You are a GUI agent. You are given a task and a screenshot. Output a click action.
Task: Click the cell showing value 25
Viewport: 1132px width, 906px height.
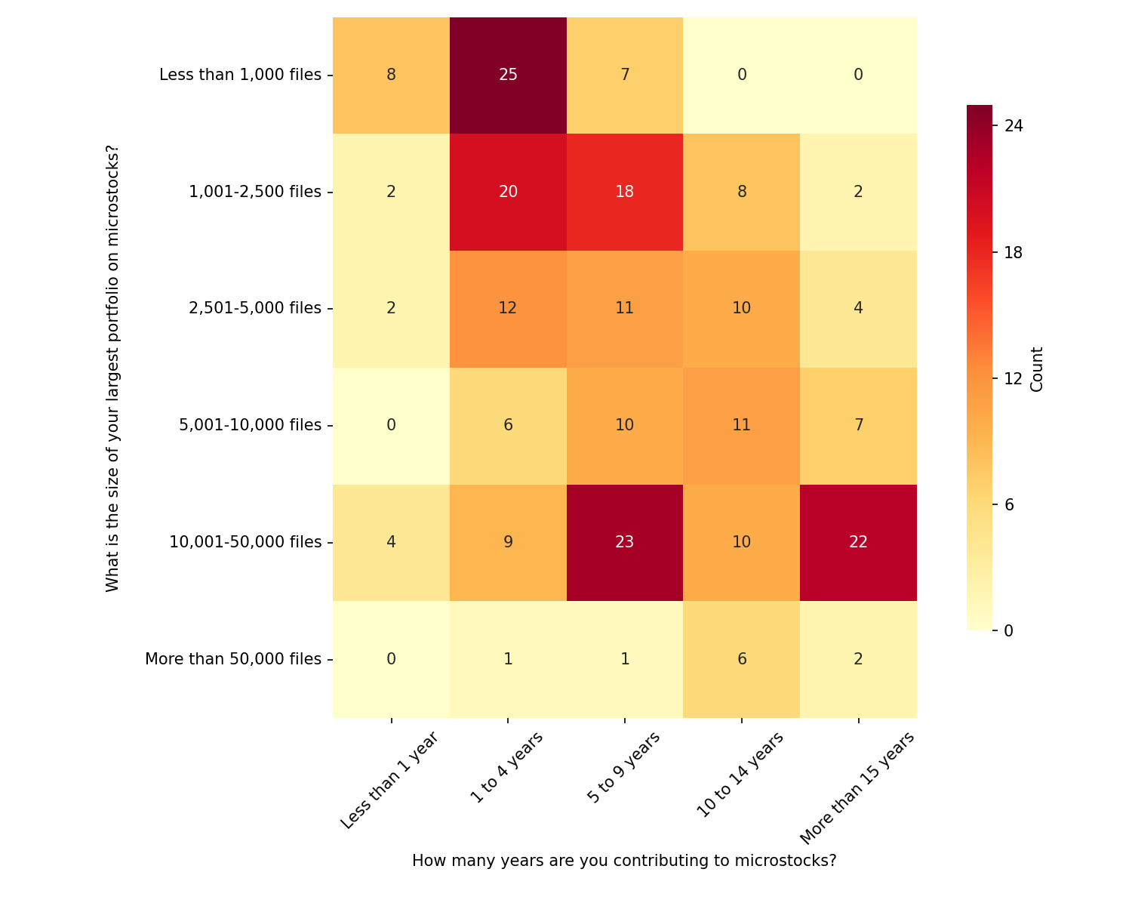(x=508, y=75)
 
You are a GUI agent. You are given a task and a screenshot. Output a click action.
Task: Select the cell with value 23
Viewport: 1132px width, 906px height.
(x=625, y=542)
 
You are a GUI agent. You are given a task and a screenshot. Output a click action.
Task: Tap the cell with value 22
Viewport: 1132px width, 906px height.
(x=858, y=542)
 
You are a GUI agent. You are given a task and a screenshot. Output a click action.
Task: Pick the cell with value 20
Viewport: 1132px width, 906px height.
(x=508, y=192)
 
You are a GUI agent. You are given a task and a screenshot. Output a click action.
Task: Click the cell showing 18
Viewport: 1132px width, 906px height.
(x=625, y=192)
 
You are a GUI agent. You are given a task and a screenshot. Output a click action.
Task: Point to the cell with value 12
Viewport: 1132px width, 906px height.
(x=508, y=308)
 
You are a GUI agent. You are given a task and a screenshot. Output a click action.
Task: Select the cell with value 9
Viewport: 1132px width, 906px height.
(x=508, y=542)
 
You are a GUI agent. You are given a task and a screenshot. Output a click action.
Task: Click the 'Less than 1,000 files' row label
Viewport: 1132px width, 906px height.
(x=240, y=75)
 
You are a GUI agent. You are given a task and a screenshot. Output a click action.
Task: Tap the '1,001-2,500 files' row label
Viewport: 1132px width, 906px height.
(x=255, y=192)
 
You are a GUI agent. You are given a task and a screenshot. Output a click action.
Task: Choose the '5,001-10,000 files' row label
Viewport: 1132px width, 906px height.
(x=250, y=425)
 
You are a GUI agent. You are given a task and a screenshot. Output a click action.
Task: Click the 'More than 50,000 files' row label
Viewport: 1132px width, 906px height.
(x=233, y=659)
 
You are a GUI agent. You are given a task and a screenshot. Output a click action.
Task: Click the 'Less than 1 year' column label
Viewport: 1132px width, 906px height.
(x=389, y=781)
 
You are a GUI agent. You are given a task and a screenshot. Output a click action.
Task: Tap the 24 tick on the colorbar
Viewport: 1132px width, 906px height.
(x=1014, y=126)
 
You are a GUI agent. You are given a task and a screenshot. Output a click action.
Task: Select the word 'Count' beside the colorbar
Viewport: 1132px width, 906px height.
(x=1037, y=369)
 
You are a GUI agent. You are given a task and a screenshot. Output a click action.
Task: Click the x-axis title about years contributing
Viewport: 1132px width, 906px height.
(x=624, y=861)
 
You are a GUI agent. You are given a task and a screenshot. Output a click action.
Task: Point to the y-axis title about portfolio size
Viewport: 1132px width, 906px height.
(x=112, y=368)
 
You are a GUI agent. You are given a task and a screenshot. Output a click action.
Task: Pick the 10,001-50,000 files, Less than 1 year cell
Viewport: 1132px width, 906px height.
(x=391, y=542)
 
